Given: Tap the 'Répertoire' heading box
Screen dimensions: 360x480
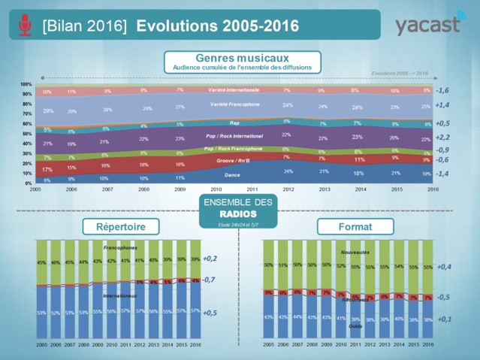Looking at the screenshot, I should point(117,225).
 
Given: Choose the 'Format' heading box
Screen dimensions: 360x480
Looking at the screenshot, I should point(350,225).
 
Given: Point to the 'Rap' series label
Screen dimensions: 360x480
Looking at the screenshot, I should point(234,123).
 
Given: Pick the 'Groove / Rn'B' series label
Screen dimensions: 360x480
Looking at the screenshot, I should point(234,160).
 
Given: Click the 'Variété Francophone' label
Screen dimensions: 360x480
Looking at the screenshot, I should point(234,104).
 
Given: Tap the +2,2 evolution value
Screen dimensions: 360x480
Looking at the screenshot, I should point(442,138).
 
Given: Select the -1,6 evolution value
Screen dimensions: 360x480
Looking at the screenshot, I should point(442,90).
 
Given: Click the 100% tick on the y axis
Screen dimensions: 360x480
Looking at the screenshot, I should point(26,84).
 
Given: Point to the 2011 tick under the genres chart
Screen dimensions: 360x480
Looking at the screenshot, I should point(252,189).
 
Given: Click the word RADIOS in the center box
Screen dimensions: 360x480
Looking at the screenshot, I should point(238,213).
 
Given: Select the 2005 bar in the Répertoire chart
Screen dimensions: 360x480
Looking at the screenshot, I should point(43,289).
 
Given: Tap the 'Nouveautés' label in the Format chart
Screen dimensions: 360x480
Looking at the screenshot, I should point(355,252).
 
